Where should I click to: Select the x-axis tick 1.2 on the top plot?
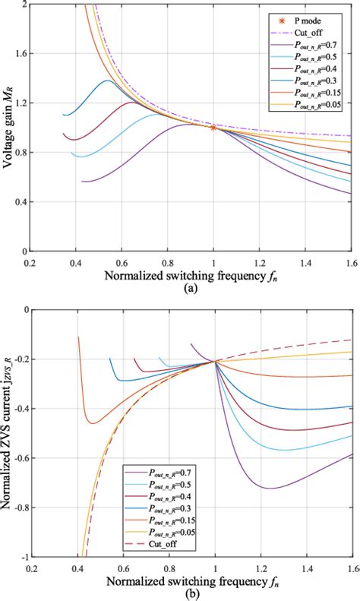pos(261,263)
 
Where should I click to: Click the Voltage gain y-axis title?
pos(7,129)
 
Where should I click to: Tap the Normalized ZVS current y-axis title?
pos(7,433)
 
